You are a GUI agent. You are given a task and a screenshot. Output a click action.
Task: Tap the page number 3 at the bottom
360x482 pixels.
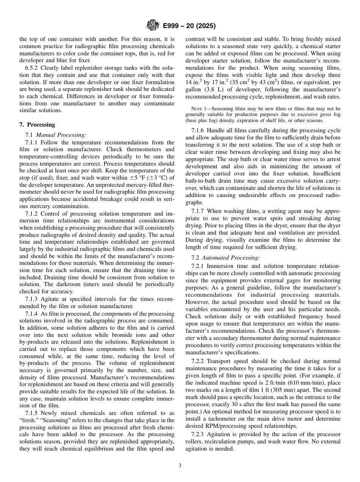coord(180,466)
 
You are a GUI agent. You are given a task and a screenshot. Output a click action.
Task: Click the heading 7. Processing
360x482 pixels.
coord(37,125)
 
